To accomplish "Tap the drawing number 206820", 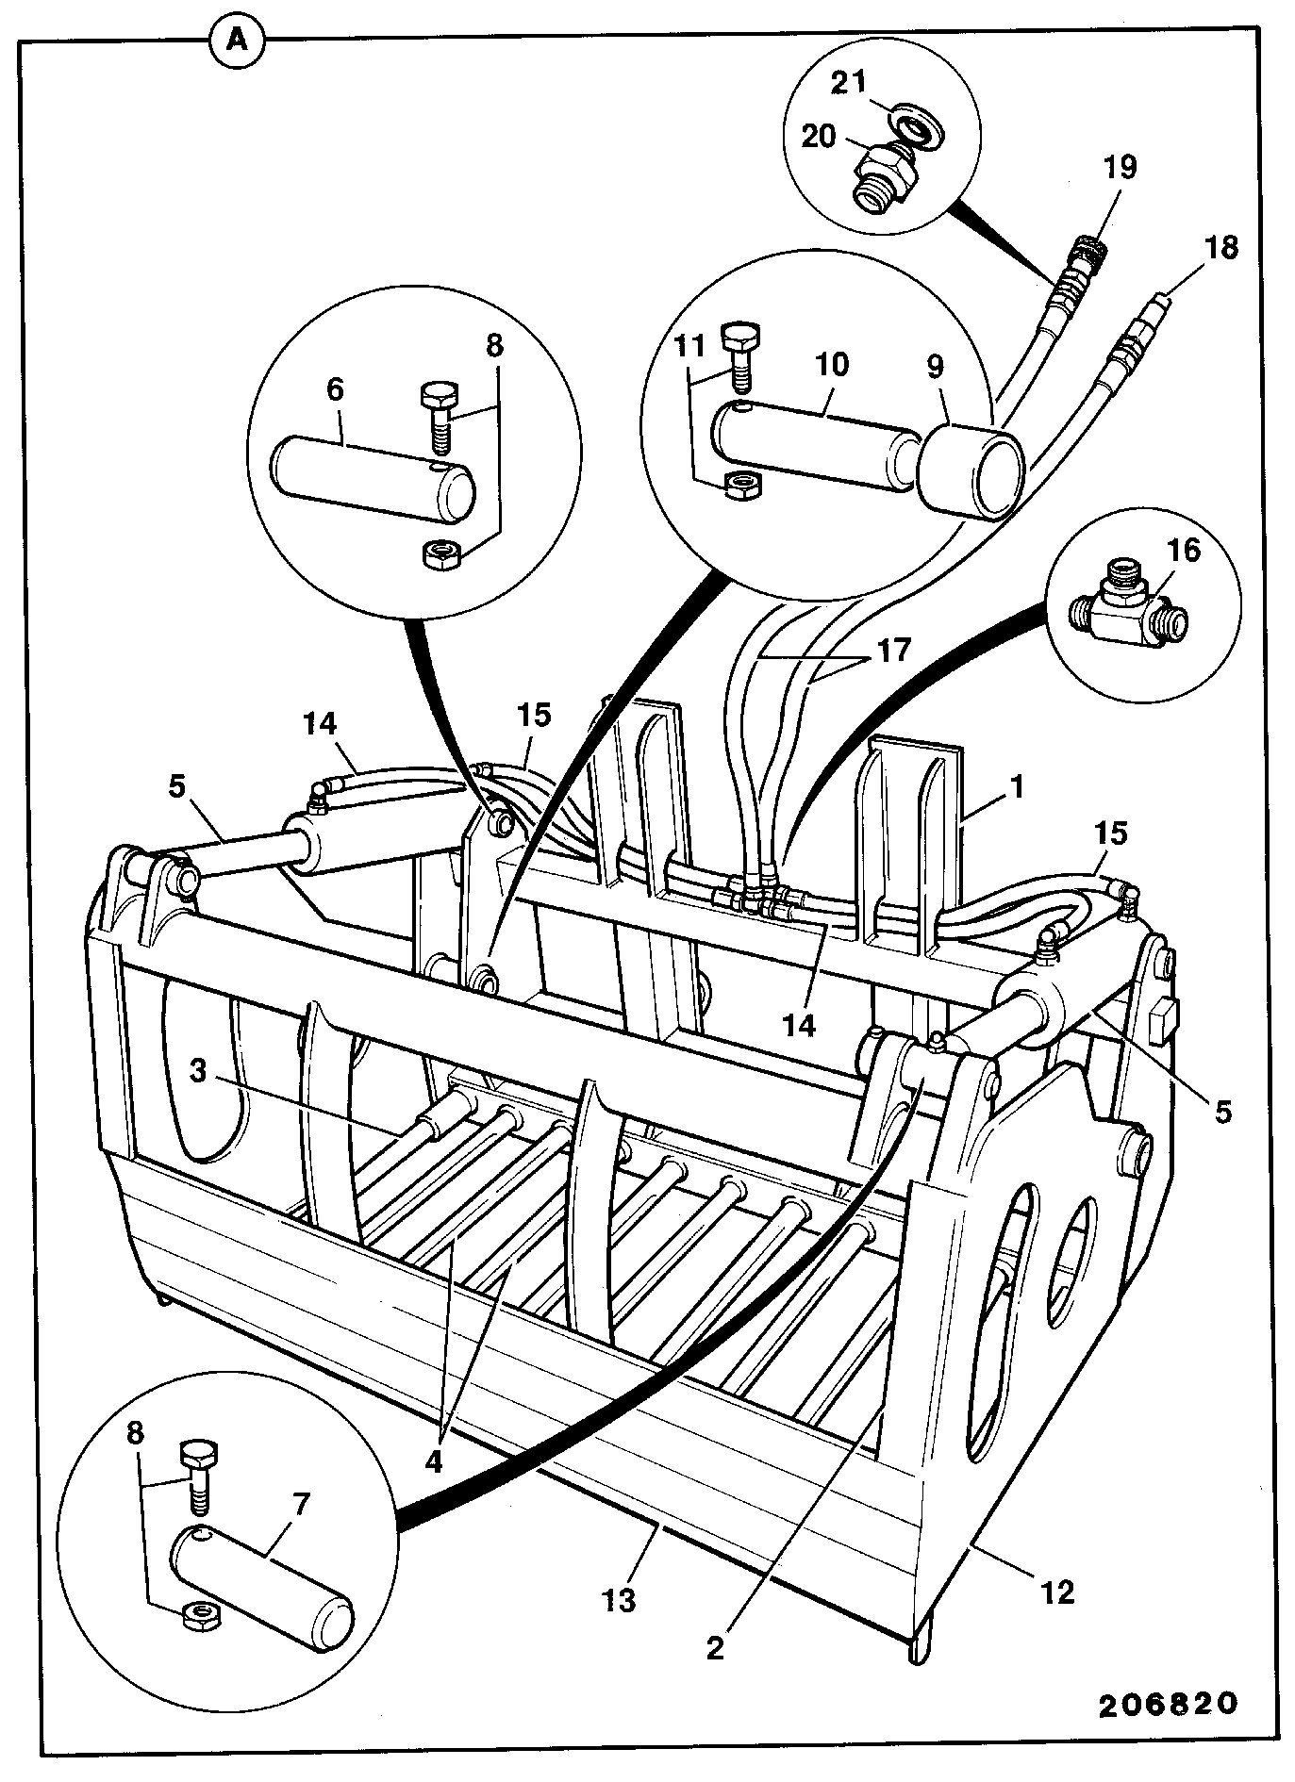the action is pos(1166,1704).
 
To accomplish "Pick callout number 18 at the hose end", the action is pos(1220,248).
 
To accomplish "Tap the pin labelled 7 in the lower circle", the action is pos(261,1592).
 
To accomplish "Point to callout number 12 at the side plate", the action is pos(1057,1592).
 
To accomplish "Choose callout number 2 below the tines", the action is pos(715,1647).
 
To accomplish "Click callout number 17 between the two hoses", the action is pos(895,650).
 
